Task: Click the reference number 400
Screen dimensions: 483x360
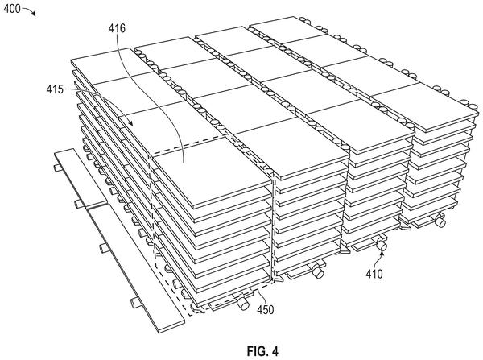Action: [x=12, y=9]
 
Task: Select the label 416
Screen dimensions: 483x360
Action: [x=117, y=28]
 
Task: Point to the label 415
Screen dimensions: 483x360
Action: [x=55, y=89]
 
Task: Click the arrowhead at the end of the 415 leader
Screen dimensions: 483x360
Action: [x=130, y=123]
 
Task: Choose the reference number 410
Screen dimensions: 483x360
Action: [x=374, y=274]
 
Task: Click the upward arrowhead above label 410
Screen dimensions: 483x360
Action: [x=382, y=254]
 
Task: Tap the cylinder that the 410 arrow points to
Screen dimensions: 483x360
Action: [x=382, y=245]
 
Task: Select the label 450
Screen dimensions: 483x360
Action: [x=265, y=309]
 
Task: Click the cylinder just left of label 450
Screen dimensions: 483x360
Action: [x=243, y=304]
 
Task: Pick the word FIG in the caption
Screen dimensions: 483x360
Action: [x=255, y=351]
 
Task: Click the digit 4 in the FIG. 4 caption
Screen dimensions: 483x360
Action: [x=275, y=351]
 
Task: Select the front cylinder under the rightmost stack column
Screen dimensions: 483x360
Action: [x=440, y=222]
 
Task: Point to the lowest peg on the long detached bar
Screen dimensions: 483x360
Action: [x=135, y=304]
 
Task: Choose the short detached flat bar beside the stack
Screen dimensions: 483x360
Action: [x=80, y=178]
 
